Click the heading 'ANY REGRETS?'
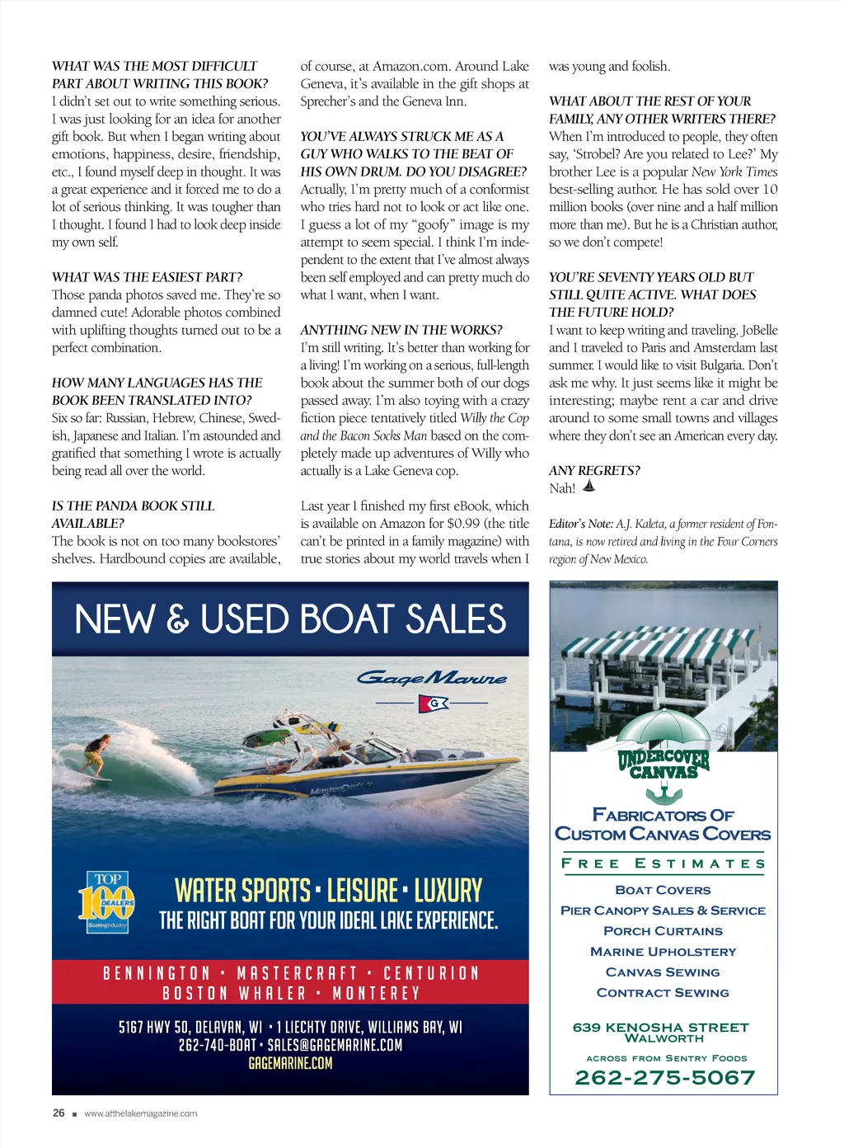[x=594, y=471]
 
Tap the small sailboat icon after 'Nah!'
[x=588, y=487]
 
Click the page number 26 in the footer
[x=59, y=1113]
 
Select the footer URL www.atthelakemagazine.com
[x=141, y=1114]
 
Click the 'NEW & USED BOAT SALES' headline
[x=290, y=620]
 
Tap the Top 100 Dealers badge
[x=106, y=903]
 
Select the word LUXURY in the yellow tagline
[x=448, y=892]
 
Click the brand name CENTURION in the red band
[x=431, y=973]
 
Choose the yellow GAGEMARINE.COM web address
[x=290, y=1064]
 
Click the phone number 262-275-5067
[x=664, y=1078]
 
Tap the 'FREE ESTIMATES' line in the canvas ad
[x=663, y=863]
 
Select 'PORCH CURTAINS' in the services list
[x=663, y=931]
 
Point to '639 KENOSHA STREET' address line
[x=661, y=1027]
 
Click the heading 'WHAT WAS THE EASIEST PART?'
[x=148, y=277]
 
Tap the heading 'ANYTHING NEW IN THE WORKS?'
[x=401, y=330]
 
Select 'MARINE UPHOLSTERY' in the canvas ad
[x=663, y=952]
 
